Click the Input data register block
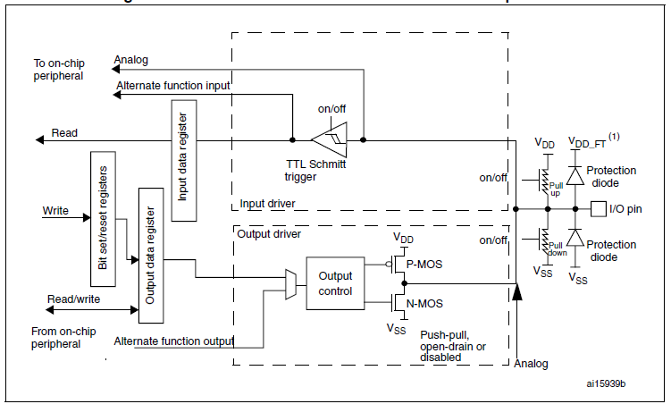[181, 156]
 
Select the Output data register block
[151, 256]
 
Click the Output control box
[335, 284]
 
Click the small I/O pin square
[597, 209]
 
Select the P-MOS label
[424, 265]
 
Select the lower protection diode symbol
[576, 240]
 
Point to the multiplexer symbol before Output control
[290, 283]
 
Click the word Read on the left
[64, 133]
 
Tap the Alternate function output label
[173, 341]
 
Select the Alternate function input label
[172, 85]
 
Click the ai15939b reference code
[606, 383]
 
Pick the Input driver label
[268, 204]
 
